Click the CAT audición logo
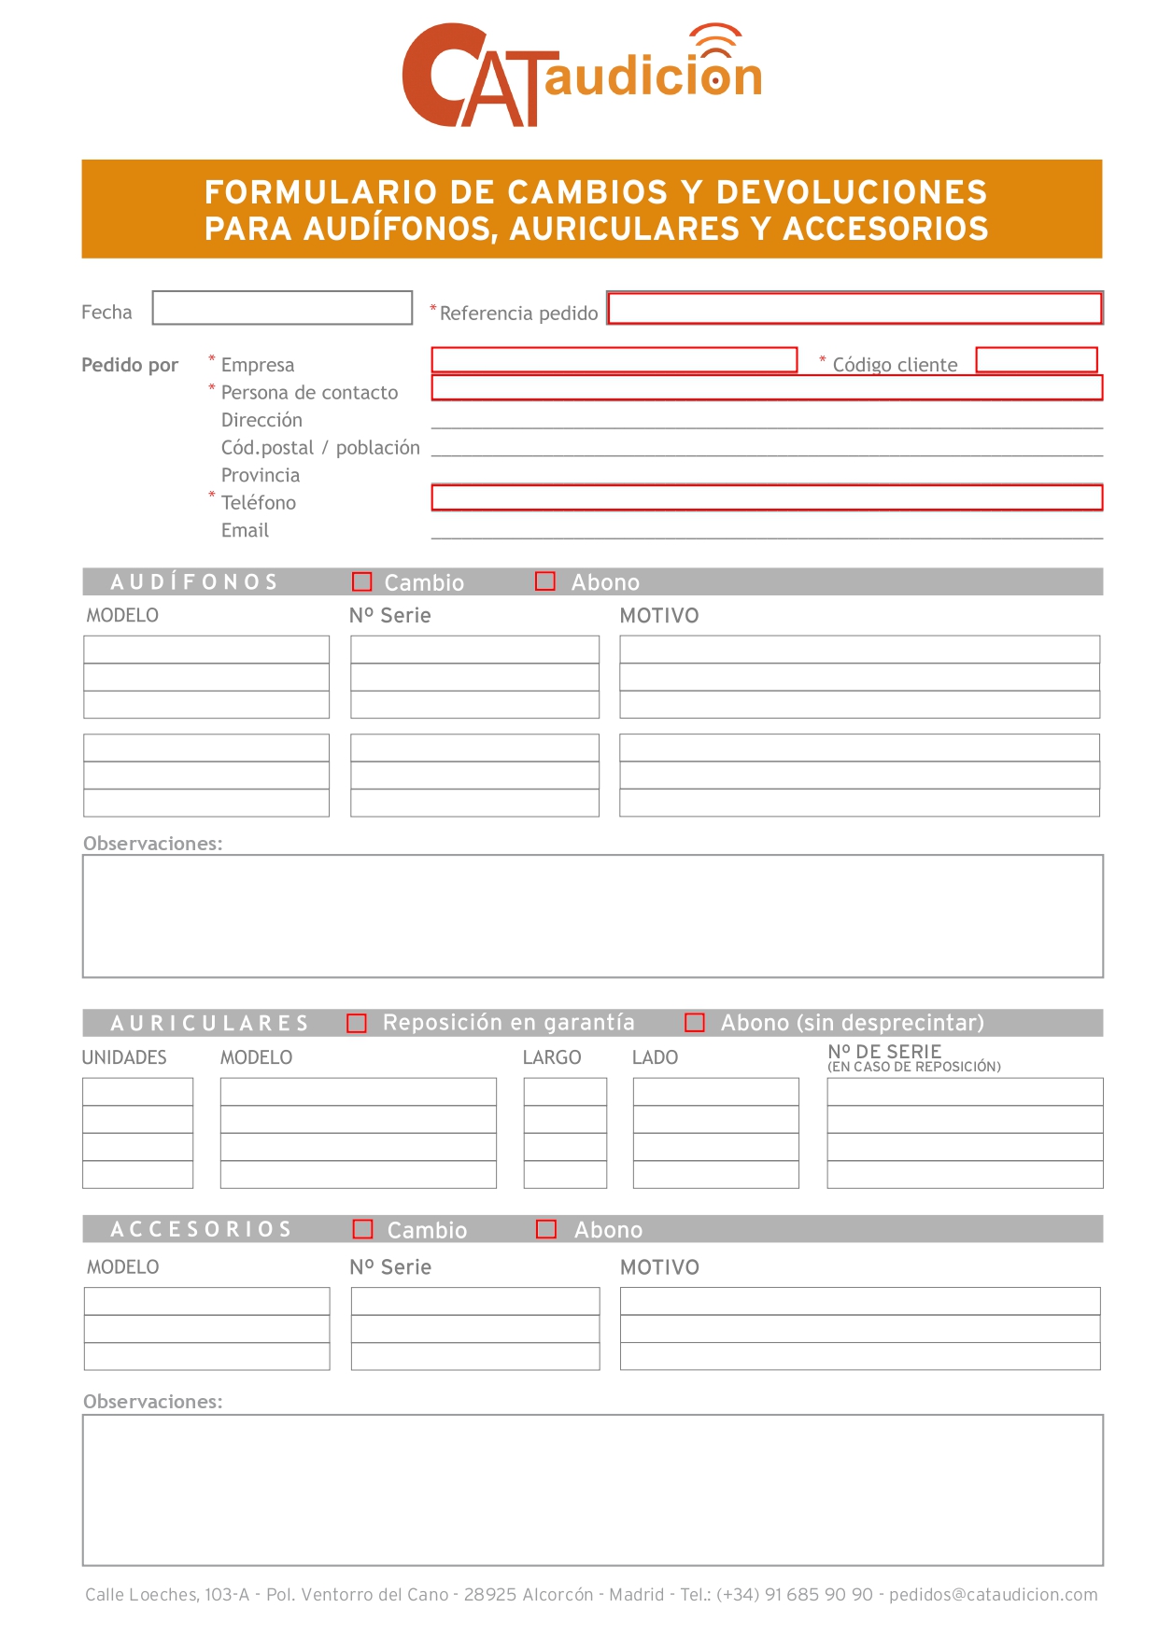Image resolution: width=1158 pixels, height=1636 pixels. (x=582, y=75)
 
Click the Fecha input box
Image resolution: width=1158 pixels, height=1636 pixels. (x=282, y=308)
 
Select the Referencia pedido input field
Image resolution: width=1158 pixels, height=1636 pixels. (x=854, y=308)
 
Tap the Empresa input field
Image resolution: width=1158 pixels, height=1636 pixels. (x=614, y=360)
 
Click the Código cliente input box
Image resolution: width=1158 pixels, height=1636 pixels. (x=1036, y=360)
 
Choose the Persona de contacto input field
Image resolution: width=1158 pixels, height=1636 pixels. (x=766, y=388)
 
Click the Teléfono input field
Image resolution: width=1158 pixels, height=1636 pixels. (x=766, y=497)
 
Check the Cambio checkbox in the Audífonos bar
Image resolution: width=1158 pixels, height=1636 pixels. (x=362, y=581)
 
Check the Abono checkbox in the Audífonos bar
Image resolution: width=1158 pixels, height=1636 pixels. (x=545, y=581)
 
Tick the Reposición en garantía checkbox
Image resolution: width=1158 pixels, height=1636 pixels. (x=357, y=1023)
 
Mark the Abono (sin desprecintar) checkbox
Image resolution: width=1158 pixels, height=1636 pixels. (x=695, y=1023)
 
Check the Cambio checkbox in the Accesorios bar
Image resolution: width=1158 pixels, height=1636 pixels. (x=363, y=1229)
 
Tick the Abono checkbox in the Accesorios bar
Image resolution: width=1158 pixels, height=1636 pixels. (x=546, y=1229)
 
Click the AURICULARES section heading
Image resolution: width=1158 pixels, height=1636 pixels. (x=209, y=1024)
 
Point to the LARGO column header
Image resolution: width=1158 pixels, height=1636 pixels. (x=551, y=1057)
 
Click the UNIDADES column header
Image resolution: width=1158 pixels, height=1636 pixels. (x=124, y=1057)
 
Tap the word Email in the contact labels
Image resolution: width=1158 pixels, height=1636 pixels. (x=245, y=530)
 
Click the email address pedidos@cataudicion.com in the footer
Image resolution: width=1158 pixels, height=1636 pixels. (x=993, y=1594)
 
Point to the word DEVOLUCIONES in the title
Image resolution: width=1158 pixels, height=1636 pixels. (x=851, y=192)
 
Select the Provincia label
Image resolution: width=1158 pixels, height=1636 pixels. (x=261, y=475)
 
